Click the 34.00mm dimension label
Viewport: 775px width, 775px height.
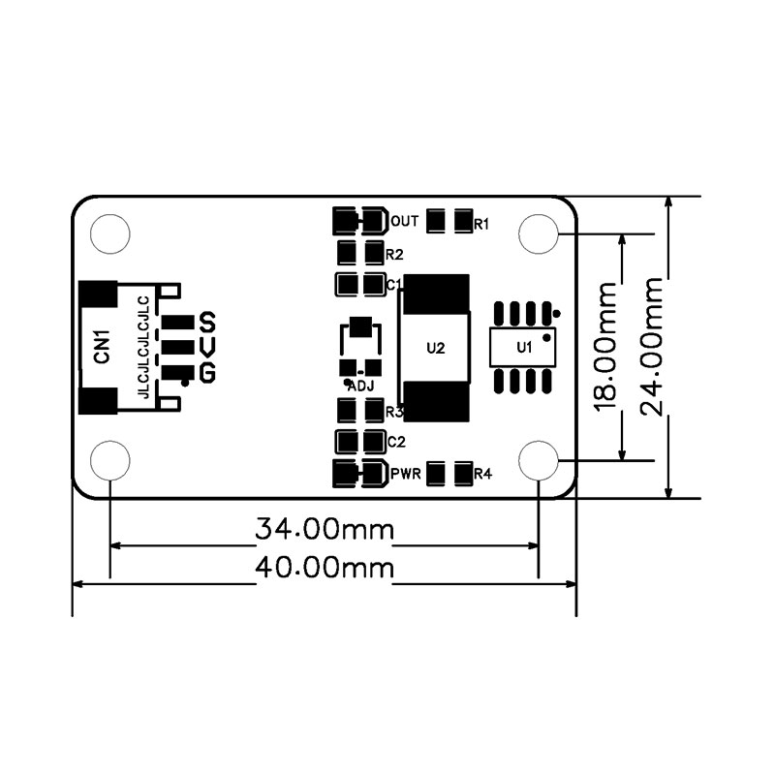325,529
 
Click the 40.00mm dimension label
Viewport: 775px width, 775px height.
325,568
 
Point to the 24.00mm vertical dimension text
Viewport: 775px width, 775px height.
651,347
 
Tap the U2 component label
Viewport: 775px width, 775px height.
435,349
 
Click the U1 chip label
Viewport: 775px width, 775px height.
524,348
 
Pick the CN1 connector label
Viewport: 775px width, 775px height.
102,347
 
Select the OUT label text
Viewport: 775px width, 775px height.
404,221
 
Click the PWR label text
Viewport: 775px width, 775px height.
405,474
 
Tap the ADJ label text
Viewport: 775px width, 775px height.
360,387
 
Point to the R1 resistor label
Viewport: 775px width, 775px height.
481,225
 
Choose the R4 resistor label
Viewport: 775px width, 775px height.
482,474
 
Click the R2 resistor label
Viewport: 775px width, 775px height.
394,255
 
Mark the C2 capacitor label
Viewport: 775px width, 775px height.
396,442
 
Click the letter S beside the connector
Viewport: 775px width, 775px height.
207,322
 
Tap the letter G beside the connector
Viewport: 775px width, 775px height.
207,373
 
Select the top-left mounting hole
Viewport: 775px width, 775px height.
110,233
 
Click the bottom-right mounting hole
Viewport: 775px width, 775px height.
539,460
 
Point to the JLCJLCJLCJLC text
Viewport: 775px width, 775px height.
143,347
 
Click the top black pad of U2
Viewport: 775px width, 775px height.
436,294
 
